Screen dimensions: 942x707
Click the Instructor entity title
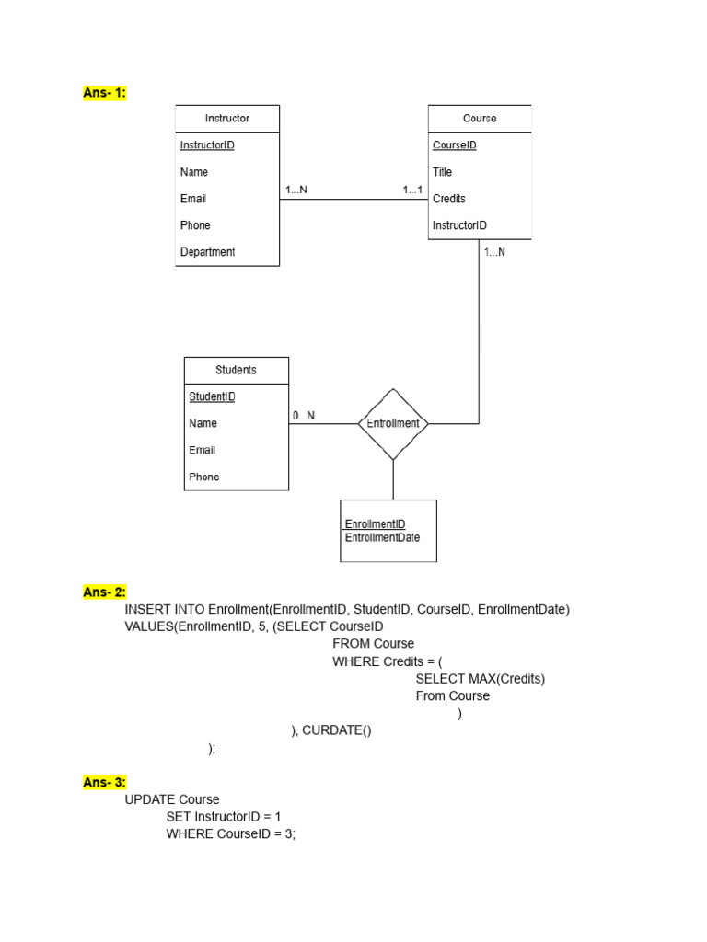click(226, 119)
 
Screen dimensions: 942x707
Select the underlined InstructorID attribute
click(207, 145)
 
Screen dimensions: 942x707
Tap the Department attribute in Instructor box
click(207, 252)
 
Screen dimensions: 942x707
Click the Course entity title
click(479, 119)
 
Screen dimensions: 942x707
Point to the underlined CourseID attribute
click(455, 145)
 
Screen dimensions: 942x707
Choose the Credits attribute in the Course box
click(449, 199)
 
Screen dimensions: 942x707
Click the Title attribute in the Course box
click(443, 172)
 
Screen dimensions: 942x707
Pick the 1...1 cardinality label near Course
click(412, 190)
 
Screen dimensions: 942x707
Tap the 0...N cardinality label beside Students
click(304, 416)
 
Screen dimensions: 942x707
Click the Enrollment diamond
click(393, 424)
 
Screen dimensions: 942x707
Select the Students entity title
click(236, 370)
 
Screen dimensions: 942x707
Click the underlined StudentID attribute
click(212, 397)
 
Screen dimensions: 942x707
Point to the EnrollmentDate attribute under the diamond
click(382, 537)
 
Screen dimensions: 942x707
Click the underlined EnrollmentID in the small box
click(375, 524)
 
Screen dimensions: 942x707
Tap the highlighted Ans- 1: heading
click(104, 93)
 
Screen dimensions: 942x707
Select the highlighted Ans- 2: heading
click(104, 592)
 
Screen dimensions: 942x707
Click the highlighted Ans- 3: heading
click(104, 783)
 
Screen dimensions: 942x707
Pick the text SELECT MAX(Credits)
click(481, 679)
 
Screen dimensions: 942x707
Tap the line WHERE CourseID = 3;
click(231, 833)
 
